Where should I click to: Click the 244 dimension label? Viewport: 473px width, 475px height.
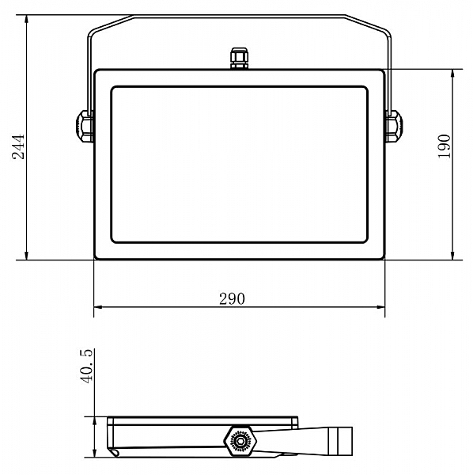[x=18, y=146]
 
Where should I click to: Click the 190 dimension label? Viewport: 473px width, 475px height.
[x=445, y=146]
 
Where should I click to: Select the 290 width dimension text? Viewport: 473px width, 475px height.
[x=232, y=299]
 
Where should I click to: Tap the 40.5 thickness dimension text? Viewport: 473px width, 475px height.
[x=87, y=367]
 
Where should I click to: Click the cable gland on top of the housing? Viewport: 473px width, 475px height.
[x=240, y=58]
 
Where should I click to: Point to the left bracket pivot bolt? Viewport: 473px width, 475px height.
[x=84, y=126]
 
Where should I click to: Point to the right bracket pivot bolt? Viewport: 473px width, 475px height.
[x=395, y=126]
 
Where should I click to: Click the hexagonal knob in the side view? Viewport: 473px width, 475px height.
[x=240, y=441]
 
